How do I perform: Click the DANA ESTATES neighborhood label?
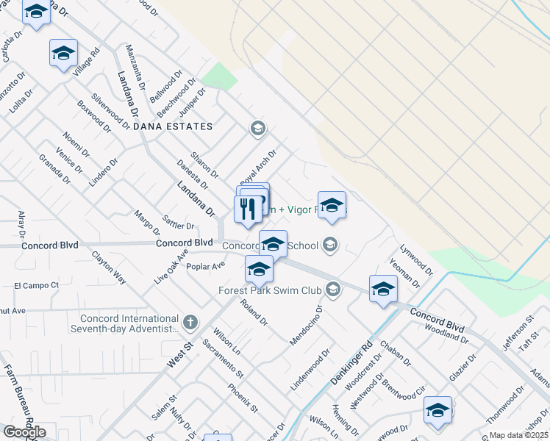174,126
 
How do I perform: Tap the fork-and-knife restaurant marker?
248,209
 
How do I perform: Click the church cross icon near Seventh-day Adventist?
190,321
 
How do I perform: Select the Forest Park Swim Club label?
271,290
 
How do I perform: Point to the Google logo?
24,431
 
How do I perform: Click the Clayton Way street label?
109,268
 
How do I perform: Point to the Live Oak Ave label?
171,269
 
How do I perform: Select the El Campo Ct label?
36,284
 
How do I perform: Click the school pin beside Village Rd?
64,54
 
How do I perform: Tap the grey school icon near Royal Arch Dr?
257,129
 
